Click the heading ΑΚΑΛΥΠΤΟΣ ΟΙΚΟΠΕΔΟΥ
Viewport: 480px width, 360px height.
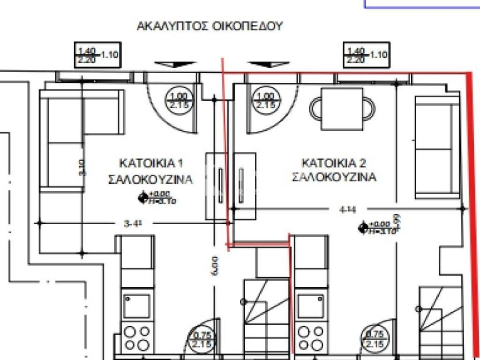[x=210, y=26]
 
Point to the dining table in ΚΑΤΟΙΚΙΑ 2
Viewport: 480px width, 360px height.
[x=342, y=110]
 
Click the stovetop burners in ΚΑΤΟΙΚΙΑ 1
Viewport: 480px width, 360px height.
[x=137, y=337]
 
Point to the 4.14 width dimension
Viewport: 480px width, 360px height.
[x=346, y=210]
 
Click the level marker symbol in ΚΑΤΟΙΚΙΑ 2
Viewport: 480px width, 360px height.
[x=362, y=228]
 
